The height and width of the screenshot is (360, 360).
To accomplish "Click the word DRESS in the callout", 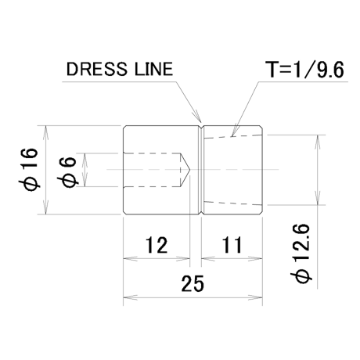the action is (97, 69).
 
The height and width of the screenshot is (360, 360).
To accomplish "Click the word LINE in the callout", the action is (154, 69).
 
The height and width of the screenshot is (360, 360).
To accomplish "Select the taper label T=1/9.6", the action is (304, 70).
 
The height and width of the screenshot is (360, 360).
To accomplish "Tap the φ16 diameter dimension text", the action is (28, 170).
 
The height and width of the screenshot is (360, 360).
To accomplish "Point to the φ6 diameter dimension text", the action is (67, 173).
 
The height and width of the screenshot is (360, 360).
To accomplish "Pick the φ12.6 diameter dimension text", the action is (301, 253).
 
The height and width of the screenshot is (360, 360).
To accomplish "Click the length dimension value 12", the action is (157, 245).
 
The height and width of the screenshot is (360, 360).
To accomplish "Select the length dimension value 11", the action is (232, 245).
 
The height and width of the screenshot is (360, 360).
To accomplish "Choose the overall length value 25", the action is (193, 283).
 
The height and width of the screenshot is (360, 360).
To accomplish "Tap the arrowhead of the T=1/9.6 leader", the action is (233, 131).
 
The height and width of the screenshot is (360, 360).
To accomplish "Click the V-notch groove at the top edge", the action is (201, 128).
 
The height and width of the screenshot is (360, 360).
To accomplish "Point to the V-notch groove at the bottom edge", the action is (201, 212).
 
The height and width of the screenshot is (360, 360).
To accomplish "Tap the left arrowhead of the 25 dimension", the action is (130, 297).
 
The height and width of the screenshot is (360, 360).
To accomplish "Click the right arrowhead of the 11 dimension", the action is (255, 259).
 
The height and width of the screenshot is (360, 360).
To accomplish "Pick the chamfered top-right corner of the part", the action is (261, 127).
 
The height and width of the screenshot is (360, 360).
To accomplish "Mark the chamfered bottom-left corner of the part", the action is (125, 213).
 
